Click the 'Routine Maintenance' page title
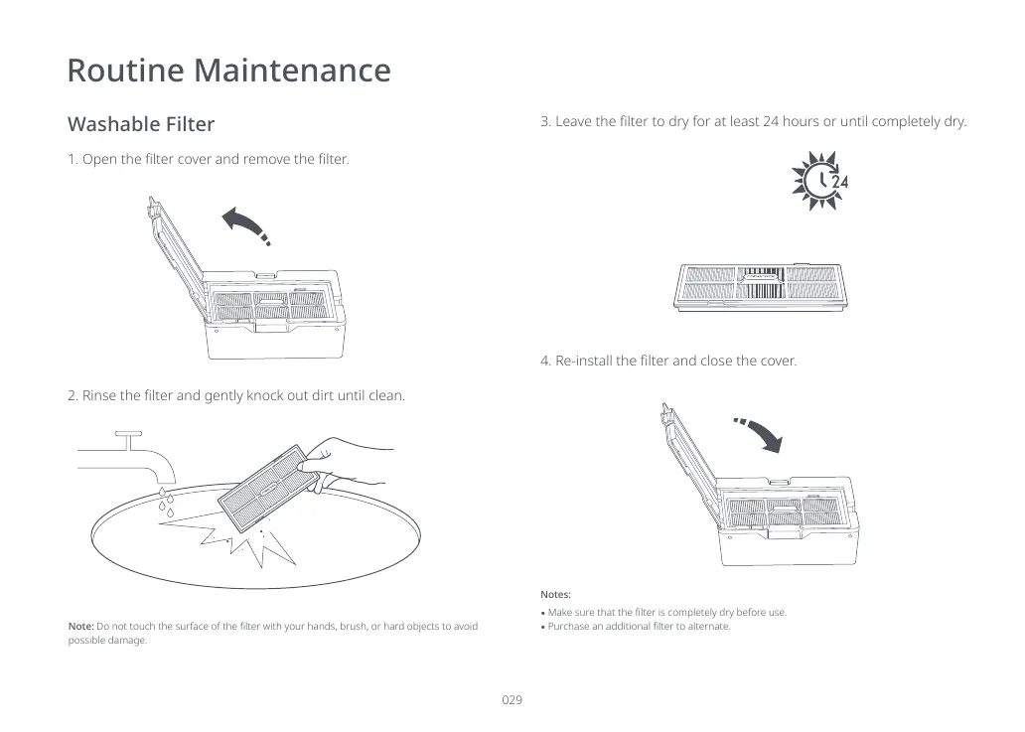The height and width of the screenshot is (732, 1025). click(228, 71)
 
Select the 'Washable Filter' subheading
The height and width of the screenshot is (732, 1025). click(140, 124)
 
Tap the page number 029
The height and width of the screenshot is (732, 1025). click(512, 700)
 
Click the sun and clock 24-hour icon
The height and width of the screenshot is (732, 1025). click(819, 180)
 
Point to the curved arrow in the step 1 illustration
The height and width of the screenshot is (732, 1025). click(244, 224)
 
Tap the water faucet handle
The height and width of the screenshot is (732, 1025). click(129, 433)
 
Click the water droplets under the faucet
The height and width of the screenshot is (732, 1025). click(166, 503)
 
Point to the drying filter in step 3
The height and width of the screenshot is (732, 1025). click(762, 286)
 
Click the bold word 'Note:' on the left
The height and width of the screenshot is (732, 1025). click(80, 626)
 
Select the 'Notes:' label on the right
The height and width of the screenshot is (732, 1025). click(556, 594)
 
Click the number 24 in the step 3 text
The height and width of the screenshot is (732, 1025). click(771, 122)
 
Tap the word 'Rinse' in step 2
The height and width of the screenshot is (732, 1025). click(98, 395)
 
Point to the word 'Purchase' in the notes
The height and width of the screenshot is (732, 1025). click(573, 627)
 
